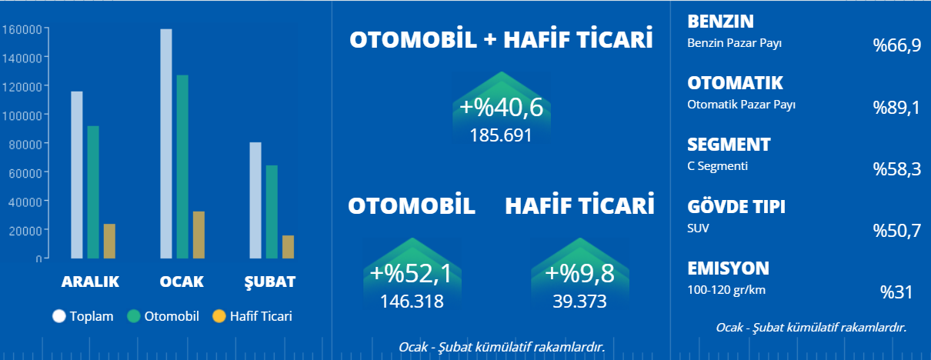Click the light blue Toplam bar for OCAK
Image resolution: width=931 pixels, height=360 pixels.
click(x=166, y=144)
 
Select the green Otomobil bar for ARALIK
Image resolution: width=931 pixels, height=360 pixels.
click(x=93, y=192)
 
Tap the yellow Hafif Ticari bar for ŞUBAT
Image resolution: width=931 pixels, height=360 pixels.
click(x=288, y=247)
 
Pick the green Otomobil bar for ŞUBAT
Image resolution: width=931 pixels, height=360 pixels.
click(x=272, y=212)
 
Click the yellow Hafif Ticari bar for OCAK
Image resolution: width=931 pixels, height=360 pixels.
click(x=199, y=235)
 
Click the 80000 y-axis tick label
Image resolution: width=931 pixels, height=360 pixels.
click(x=25, y=145)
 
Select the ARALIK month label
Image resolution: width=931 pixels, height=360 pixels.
click(x=90, y=282)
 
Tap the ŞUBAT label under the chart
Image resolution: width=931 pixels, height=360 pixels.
click(x=270, y=282)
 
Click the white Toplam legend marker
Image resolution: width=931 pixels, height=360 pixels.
click(x=59, y=316)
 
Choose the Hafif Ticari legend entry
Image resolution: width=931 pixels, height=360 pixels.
click(x=252, y=316)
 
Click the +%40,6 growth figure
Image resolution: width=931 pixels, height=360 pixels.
click(x=501, y=107)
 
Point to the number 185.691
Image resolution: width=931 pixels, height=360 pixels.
click(x=501, y=135)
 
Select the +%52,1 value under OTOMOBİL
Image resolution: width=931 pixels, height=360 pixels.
click(x=411, y=274)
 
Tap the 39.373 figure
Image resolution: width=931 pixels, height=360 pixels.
click(x=580, y=302)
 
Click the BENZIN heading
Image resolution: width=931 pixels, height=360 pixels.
click(x=720, y=22)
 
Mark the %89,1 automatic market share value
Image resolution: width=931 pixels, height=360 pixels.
click(x=896, y=108)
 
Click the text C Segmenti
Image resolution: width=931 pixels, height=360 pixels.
click(x=717, y=166)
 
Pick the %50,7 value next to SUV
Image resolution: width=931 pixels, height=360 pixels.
click(x=897, y=231)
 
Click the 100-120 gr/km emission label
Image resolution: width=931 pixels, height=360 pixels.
click(x=726, y=290)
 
